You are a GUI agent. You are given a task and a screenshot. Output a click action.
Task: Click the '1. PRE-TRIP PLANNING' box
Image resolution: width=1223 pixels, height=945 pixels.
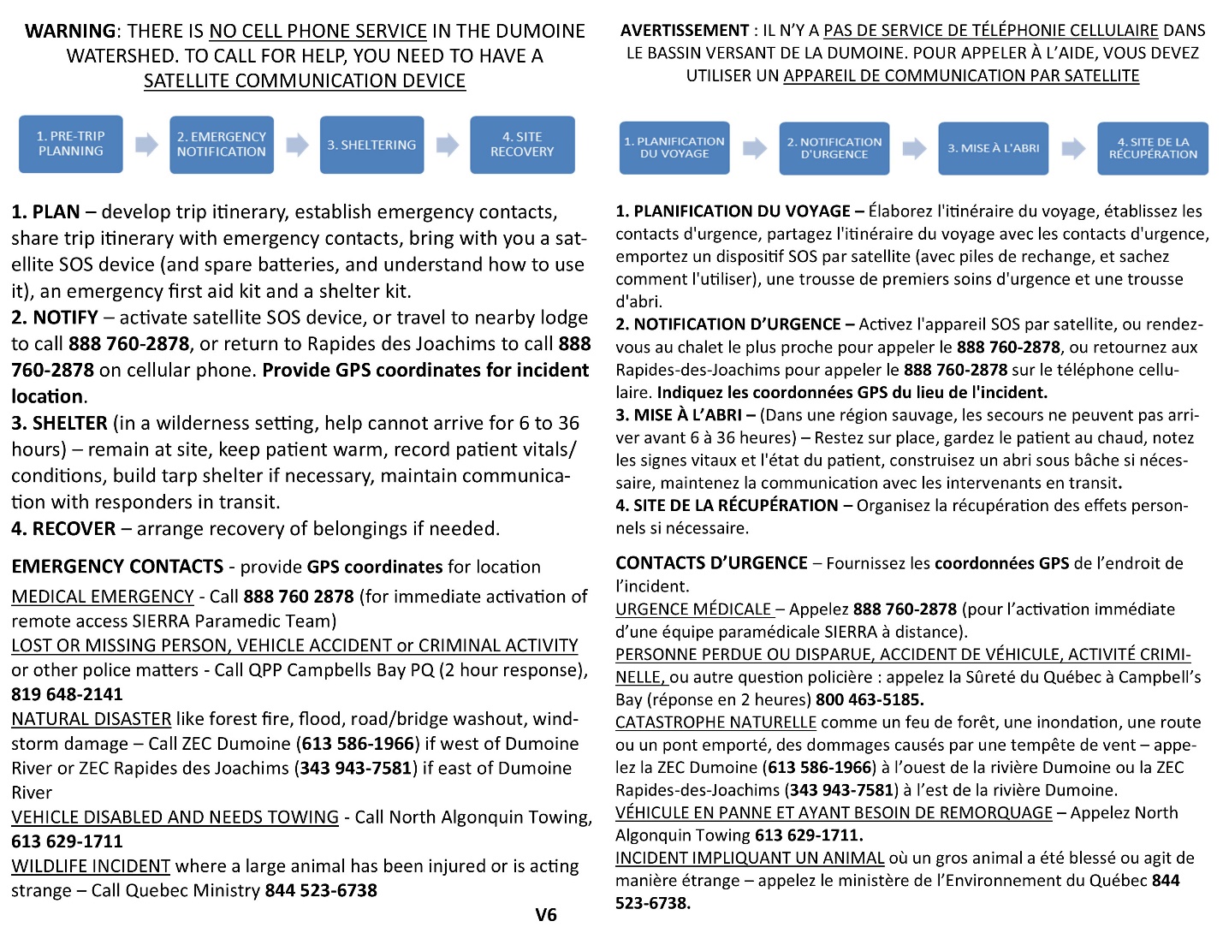click(71, 144)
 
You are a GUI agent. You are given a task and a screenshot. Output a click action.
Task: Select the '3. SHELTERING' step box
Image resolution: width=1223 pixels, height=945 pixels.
click(371, 145)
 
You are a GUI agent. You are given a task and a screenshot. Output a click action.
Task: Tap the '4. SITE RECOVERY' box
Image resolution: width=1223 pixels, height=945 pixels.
click(522, 145)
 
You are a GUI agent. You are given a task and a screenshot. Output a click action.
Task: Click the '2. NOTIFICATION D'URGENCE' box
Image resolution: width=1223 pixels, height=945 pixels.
click(834, 148)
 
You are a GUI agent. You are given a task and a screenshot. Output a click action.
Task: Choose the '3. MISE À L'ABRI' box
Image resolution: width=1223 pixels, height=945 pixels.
click(993, 148)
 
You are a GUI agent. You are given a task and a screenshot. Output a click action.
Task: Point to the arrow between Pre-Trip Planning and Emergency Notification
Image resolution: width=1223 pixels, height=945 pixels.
click(146, 145)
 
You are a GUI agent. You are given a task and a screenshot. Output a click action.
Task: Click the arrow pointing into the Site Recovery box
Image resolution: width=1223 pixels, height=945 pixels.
click(447, 145)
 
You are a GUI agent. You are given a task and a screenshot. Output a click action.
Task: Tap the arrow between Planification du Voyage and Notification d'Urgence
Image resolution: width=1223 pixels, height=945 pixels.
click(754, 148)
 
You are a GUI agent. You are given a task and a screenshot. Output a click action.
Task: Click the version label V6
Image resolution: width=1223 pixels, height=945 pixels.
click(546, 915)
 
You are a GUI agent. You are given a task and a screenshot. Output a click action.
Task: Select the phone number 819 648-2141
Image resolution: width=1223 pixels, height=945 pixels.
click(67, 694)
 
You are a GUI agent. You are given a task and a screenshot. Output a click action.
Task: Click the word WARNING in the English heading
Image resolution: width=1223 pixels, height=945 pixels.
click(70, 31)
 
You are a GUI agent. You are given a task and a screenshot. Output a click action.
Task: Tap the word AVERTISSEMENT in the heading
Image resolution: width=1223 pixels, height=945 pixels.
click(685, 31)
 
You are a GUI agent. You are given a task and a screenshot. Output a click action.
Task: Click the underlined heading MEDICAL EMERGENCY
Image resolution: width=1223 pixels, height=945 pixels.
click(103, 597)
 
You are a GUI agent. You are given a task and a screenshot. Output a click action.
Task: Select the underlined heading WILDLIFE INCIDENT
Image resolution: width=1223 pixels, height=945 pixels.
click(91, 866)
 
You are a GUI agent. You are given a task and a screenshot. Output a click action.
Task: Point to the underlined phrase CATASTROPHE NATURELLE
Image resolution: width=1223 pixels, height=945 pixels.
click(715, 722)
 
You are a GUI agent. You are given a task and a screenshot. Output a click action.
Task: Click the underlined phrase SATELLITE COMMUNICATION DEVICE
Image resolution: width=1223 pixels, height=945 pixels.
click(305, 80)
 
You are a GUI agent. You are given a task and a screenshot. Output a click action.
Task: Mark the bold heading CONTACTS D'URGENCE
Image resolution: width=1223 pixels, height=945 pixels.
click(711, 563)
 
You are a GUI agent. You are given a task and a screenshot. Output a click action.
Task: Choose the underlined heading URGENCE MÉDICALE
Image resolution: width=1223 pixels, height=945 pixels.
click(693, 609)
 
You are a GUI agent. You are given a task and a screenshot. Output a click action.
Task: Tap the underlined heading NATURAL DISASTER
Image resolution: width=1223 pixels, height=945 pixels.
click(92, 719)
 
